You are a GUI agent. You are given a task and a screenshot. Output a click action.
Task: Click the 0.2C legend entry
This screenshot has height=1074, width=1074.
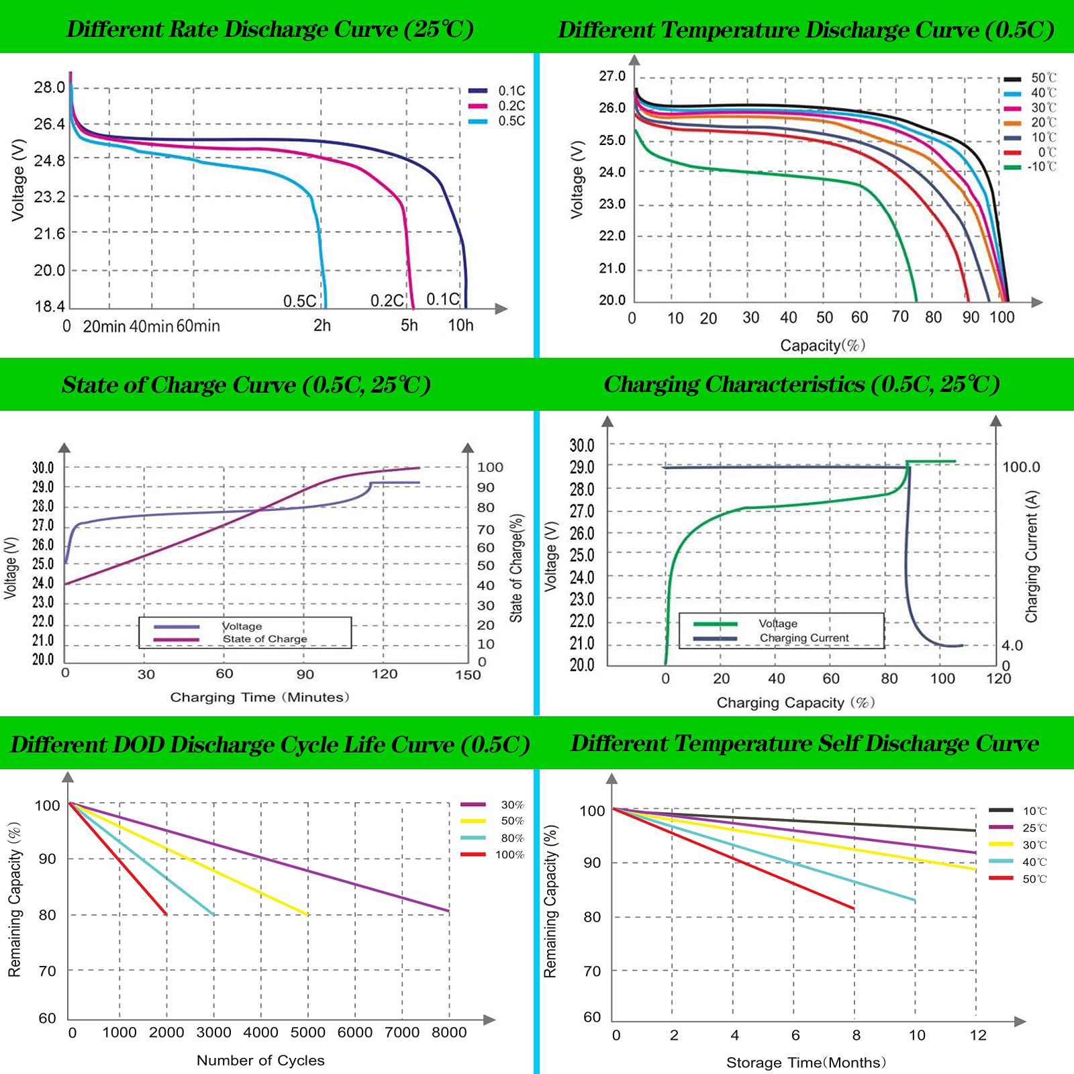click(x=497, y=106)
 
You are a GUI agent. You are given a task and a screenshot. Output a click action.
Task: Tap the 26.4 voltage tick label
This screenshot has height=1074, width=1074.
click(x=50, y=124)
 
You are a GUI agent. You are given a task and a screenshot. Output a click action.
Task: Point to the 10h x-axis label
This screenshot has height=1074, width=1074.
click(x=460, y=326)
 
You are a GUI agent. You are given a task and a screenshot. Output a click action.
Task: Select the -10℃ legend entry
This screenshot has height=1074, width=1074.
click(x=1030, y=166)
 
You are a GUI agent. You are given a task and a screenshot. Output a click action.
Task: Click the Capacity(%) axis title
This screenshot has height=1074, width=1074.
click(x=822, y=345)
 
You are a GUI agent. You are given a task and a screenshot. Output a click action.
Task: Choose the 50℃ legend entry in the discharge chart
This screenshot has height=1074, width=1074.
click(x=1030, y=78)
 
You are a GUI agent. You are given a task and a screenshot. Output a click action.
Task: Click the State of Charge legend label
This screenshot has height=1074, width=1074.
click(x=265, y=639)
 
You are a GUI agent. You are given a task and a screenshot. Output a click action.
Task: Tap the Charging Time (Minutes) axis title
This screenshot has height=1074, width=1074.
click(x=260, y=697)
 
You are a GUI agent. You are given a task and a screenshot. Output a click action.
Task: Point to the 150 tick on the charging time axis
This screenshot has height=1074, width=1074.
click(x=468, y=675)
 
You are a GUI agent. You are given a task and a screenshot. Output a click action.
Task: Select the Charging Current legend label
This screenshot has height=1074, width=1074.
click(x=804, y=638)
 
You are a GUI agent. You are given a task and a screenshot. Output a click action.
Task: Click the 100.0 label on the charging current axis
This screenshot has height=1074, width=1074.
click(x=1021, y=467)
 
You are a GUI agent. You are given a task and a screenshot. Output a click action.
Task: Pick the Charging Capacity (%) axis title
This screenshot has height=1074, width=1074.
click(x=796, y=703)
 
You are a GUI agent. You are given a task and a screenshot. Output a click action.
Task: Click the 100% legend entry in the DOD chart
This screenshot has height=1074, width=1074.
click(x=493, y=855)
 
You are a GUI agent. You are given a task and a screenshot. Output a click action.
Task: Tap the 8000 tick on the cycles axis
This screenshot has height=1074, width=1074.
click(x=449, y=1032)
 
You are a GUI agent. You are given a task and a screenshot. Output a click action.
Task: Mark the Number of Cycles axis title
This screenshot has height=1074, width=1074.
click(x=260, y=1061)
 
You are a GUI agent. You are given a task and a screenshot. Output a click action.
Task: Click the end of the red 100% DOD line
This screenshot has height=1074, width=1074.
click(x=166, y=914)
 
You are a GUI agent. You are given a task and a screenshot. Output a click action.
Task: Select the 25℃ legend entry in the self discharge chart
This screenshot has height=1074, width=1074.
click(x=1018, y=828)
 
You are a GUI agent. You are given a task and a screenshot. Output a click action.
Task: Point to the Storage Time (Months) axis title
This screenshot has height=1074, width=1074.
click(x=806, y=1063)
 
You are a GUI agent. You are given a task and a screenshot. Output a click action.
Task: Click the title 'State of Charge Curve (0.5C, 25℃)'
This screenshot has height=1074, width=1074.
click(x=246, y=385)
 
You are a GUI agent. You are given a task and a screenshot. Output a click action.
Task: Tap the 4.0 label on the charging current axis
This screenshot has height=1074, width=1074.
click(x=1012, y=646)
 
